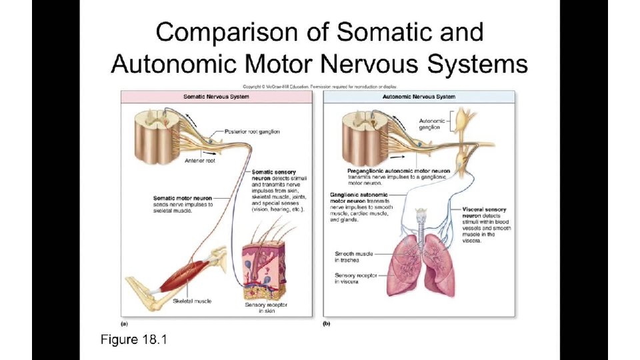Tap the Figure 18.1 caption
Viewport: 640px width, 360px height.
coord(133,340)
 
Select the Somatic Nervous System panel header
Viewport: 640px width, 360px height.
coord(216,97)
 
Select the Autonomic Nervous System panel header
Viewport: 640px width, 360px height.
coord(419,97)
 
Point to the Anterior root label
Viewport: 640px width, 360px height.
coord(200,160)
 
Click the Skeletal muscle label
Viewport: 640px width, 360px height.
coord(192,301)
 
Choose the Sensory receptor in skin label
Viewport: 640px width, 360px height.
coord(265,308)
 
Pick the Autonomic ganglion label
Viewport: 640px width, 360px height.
coord(429,124)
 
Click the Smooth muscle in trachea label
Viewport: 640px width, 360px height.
coord(353,257)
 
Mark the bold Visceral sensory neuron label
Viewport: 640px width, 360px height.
coord(485,213)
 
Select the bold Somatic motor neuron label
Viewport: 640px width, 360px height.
coord(183,198)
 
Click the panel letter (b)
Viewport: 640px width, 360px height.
coord(327,323)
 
